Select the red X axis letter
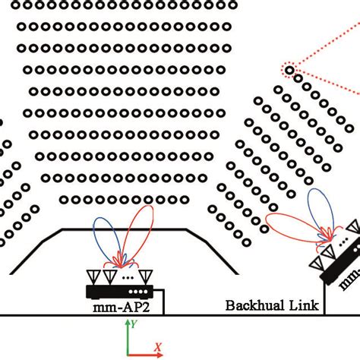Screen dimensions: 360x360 click(x=158, y=347)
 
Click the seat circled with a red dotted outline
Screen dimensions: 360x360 click(x=290, y=71)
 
